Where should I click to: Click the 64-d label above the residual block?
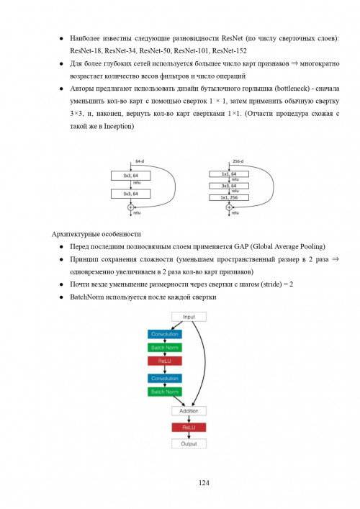(140, 161)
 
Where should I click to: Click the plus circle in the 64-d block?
(131, 208)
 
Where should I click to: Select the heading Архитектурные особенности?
(98, 234)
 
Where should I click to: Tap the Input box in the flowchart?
(189, 317)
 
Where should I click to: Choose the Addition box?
(189, 411)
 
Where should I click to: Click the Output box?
(189, 443)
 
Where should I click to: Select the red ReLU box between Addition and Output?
(189, 428)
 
